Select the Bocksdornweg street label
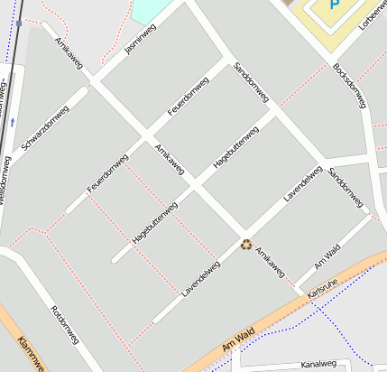348,84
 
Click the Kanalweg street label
317,364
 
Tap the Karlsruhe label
322,294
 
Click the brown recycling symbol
245,245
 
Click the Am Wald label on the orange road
240,339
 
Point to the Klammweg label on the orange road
29,354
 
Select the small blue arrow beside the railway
13,120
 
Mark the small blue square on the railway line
18,23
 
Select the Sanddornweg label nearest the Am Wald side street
345,186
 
